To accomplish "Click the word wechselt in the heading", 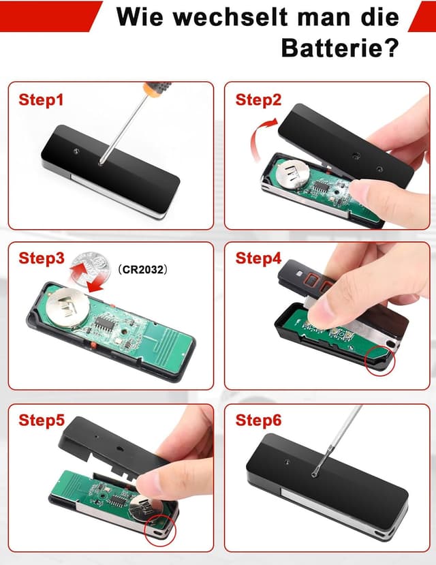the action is click(x=230, y=16).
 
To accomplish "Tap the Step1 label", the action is click(x=41, y=100).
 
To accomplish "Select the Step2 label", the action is click(x=258, y=100).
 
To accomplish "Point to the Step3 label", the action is click(x=42, y=258).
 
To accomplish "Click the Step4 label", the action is click(x=258, y=258).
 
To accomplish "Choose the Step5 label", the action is click(x=42, y=420).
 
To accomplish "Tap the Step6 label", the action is click(x=258, y=420).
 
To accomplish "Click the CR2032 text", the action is click(x=143, y=269).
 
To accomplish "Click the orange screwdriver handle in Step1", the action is click(x=157, y=89).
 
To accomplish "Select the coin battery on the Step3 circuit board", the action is click(x=68, y=307).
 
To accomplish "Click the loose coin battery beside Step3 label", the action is click(x=90, y=269).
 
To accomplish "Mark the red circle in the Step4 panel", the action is click(x=380, y=361).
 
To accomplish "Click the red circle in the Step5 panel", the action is click(x=160, y=531).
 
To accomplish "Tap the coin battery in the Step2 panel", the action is click(x=292, y=174).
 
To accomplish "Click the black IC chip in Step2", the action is click(x=321, y=187).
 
